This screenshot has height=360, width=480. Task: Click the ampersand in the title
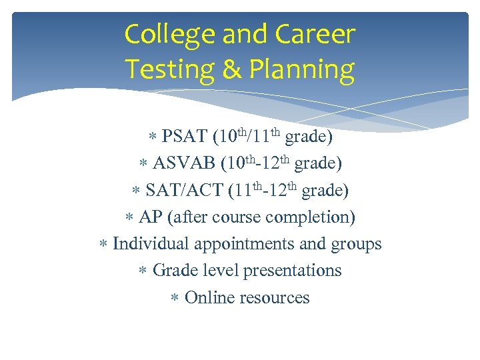click(x=231, y=69)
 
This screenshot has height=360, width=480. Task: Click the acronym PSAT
click(x=184, y=137)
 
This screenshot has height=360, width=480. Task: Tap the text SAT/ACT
click(x=184, y=191)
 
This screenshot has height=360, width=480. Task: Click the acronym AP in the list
click(x=151, y=217)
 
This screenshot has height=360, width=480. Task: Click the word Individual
click(x=150, y=244)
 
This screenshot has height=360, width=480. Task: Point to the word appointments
click(x=244, y=245)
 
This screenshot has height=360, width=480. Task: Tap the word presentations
click(x=293, y=271)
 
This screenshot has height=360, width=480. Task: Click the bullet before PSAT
click(x=152, y=138)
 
